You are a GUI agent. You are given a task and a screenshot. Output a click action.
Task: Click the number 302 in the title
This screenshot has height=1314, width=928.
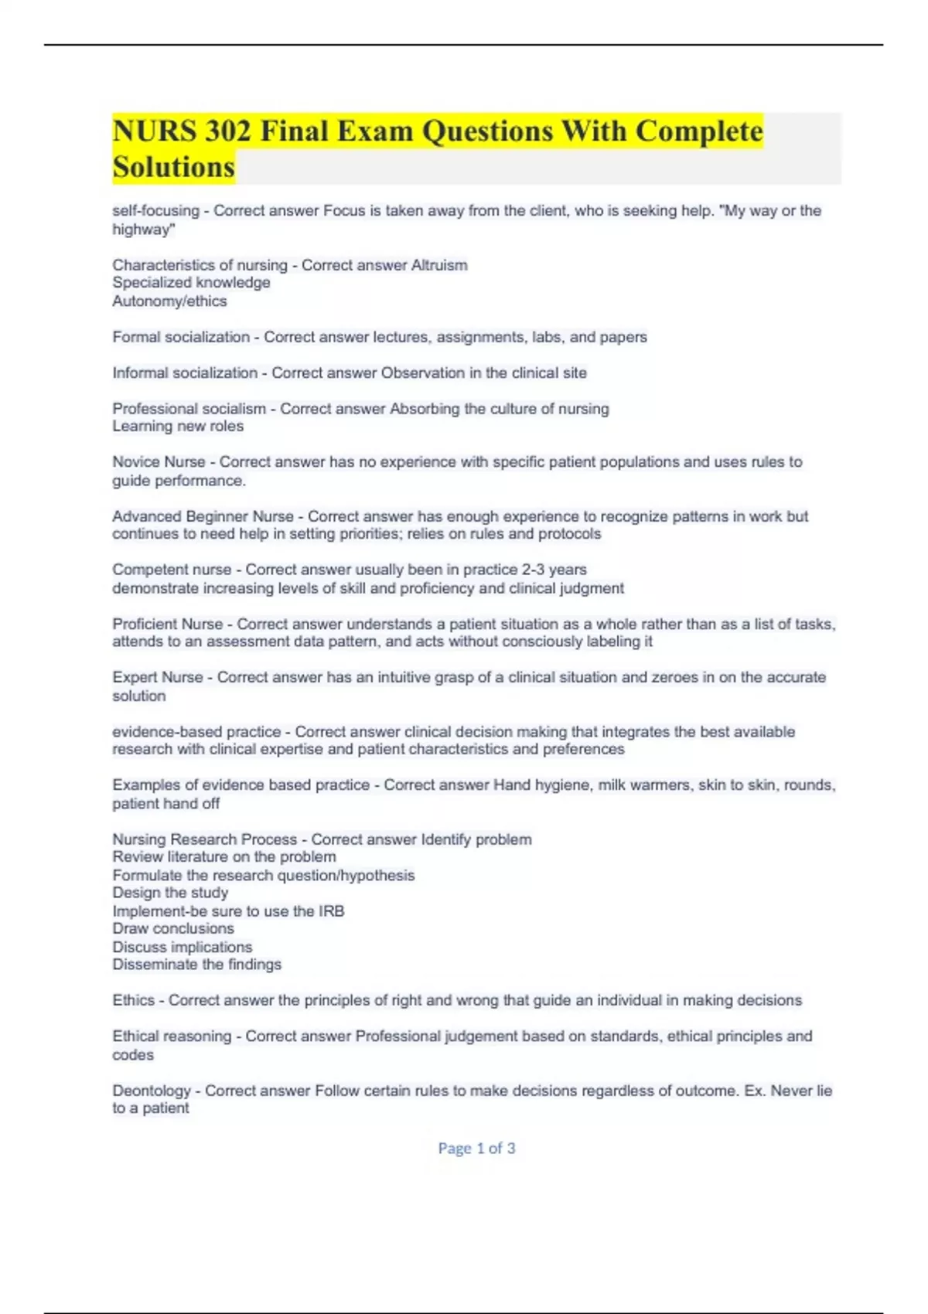[x=228, y=131]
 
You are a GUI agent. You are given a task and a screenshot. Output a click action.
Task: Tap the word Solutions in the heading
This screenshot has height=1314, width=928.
[x=174, y=167]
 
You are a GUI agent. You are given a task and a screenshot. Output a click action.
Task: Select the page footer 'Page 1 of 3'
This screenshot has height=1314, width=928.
[x=476, y=1149]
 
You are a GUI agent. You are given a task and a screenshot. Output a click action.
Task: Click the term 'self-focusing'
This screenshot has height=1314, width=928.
[x=155, y=211]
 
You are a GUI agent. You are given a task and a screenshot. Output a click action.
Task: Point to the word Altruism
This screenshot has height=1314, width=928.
[x=439, y=265]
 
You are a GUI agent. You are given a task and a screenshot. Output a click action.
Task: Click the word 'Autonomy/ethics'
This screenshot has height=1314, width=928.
[x=169, y=301]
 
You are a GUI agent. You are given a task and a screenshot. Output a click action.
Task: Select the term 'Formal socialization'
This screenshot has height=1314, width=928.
[x=181, y=337]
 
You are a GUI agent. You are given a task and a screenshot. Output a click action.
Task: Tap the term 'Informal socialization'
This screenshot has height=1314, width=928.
[x=185, y=373]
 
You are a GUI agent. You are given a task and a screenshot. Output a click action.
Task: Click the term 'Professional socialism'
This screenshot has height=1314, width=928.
[x=189, y=408]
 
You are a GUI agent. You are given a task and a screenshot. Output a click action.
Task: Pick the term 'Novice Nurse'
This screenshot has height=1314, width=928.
[x=159, y=462]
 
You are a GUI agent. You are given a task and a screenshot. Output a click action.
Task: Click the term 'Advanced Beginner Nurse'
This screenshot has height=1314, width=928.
[x=203, y=516]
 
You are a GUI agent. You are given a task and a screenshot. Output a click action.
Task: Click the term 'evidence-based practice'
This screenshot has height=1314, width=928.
[x=196, y=731]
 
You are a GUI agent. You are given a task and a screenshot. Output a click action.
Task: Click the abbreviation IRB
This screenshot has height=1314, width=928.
[x=331, y=911]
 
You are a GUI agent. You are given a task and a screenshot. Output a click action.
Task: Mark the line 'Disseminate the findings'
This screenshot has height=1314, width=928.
[x=196, y=965]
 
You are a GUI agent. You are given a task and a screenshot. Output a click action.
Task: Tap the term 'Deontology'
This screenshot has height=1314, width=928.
[x=152, y=1091]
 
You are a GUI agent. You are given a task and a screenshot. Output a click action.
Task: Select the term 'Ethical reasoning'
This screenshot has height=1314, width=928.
[x=172, y=1037]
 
